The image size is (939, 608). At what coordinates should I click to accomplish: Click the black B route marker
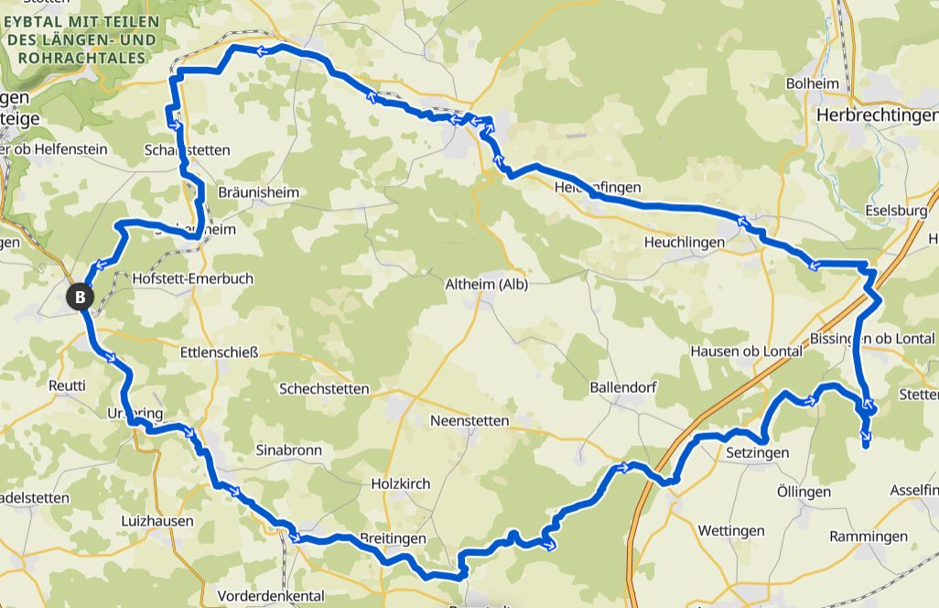click(x=81, y=297)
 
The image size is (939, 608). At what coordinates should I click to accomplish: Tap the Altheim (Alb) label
click(x=486, y=283)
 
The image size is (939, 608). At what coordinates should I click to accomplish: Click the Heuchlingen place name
click(x=685, y=243)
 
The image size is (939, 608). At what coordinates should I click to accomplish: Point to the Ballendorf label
click(x=625, y=386)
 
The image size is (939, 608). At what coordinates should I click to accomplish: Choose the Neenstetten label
click(x=469, y=420)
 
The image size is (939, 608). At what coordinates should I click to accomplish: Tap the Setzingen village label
click(x=757, y=452)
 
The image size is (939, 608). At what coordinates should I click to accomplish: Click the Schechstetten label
click(x=324, y=388)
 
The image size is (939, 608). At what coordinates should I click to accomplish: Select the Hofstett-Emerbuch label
click(x=192, y=278)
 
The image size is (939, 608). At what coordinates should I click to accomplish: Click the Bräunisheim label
click(x=259, y=193)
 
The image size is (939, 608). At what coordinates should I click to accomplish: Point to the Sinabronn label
click(x=289, y=451)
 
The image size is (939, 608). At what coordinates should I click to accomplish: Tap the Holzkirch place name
click(x=400, y=483)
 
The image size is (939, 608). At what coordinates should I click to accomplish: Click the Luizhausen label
click(x=156, y=521)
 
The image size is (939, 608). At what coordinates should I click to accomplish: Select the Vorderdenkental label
click(x=272, y=595)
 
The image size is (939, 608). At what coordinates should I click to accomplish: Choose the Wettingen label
click(x=730, y=531)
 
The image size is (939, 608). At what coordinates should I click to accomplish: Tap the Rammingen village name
click(x=869, y=537)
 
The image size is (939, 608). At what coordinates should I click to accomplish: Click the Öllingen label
click(x=804, y=492)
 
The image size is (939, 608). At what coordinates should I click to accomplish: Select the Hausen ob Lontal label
click(x=745, y=351)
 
